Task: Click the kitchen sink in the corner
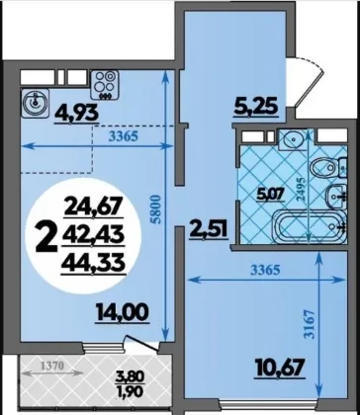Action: click(x=35, y=103)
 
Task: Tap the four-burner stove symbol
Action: click(x=104, y=84)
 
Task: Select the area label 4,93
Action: click(x=77, y=115)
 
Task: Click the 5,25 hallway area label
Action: click(x=256, y=108)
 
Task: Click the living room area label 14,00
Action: click(x=123, y=312)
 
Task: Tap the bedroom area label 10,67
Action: click(x=280, y=368)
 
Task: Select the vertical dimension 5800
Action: click(x=157, y=209)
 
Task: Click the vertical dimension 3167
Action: click(x=312, y=325)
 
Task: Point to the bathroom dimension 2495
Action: click(x=301, y=189)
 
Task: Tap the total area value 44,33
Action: click(x=93, y=264)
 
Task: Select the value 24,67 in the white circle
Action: click(x=93, y=207)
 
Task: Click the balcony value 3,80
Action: click(x=130, y=375)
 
